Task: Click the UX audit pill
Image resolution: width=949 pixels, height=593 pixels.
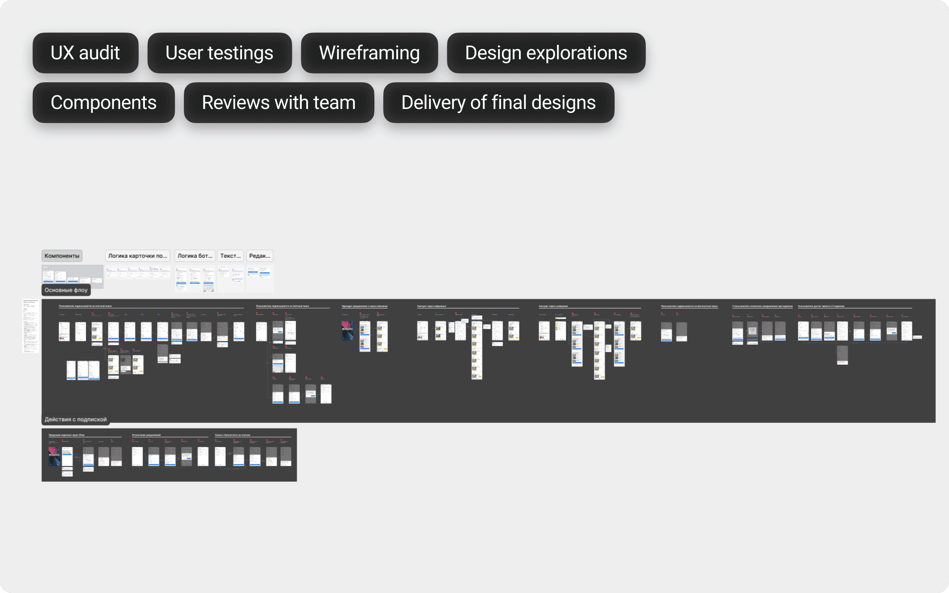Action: [85, 53]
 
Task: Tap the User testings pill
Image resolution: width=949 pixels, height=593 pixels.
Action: [219, 53]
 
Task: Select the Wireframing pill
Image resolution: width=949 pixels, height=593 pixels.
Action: [369, 53]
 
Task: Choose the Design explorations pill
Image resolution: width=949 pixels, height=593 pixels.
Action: [546, 53]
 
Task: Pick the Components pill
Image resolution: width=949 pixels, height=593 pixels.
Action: [103, 103]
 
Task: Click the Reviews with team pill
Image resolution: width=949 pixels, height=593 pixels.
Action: [278, 103]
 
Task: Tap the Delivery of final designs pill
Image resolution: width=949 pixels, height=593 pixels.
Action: [499, 103]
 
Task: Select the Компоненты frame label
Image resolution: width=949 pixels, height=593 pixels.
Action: [62, 256]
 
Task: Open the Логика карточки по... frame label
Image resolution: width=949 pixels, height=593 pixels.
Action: [137, 256]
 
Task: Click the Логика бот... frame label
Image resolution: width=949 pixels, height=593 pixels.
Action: [195, 256]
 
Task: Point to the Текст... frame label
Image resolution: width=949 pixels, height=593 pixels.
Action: [230, 256]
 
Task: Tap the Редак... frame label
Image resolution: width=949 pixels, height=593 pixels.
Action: [259, 256]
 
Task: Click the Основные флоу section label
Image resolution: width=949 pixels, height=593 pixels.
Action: [66, 290]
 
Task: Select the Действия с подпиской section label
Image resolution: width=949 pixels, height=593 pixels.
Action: [76, 420]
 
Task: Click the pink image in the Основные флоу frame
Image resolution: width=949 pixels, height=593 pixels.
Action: [347, 330]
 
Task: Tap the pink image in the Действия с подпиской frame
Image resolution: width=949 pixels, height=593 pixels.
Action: [54, 456]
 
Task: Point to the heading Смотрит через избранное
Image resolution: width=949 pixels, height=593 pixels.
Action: [431, 306]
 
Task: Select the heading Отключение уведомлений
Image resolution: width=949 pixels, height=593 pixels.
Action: [146, 435]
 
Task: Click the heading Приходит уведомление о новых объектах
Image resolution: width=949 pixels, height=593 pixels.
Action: [364, 306]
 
